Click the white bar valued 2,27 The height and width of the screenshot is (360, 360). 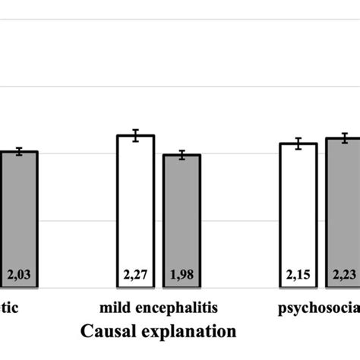point(135,212)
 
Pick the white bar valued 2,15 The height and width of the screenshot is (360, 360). point(298,216)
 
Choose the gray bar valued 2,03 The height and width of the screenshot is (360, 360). point(18,220)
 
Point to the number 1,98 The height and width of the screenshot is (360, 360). point(182,275)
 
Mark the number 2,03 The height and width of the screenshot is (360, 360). point(18,275)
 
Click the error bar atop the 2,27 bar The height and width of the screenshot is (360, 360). point(135,135)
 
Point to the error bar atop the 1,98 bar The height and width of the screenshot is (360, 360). point(182,155)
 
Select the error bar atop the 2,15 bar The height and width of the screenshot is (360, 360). point(298,144)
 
